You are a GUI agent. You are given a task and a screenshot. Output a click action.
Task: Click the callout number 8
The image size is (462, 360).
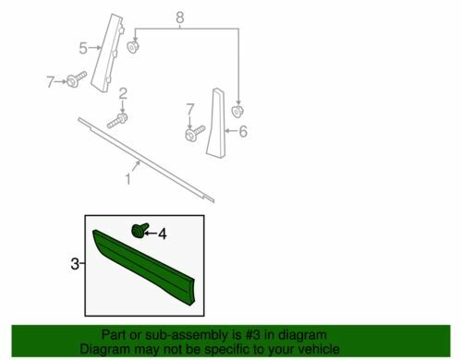pyautogui.click(x=180, y=18)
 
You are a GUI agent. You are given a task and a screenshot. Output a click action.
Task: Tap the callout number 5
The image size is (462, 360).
pyautogui.click(x=83, y=48)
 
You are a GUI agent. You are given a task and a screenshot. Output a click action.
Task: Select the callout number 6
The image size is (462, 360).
pyautogui.click(x=243, y=131)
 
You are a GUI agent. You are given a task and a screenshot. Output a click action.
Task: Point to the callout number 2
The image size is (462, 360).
pyautogui.click(x=123, y=93)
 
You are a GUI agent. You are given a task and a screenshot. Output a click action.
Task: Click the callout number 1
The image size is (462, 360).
pyautogui.click(x=128, y=179)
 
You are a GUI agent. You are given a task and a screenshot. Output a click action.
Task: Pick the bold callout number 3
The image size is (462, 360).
pyautogui.click(x=75, y=264)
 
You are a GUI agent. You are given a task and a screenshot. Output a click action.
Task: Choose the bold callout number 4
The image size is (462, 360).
pyautogui.click(x=163, y=234)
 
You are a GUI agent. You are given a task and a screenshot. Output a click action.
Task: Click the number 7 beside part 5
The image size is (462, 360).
pyautogui.click(x=50, y=82)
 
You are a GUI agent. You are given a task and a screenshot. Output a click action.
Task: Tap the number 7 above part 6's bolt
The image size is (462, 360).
pyautogui.click(x=190, y=110)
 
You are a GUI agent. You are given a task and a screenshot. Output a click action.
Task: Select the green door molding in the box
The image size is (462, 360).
pyautogui.click(x=143, y=267)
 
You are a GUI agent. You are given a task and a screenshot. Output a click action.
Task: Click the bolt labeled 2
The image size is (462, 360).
pyautogui.click(x=117, y=120)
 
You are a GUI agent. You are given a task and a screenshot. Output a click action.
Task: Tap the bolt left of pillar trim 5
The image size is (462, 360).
pyautogui.click(x=77, y=79)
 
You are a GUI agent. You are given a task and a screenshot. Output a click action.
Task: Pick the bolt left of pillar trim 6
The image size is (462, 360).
pyautogui.click(x=195, y=133)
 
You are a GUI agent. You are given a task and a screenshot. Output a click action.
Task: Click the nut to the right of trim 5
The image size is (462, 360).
pyautogui.click(x=133, y=47)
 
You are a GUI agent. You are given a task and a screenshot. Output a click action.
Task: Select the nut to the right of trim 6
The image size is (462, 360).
pyautogui.click(x=237, y=111)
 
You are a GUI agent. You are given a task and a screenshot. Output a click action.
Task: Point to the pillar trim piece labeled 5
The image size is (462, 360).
pyautogui.click(x=107, y=53)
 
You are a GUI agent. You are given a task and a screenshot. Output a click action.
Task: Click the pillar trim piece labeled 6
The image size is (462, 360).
pyautogui.click(x=216, y=123)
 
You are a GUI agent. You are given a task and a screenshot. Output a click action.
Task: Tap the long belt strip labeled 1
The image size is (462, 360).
pyautogui.click(x=146, y=160)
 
